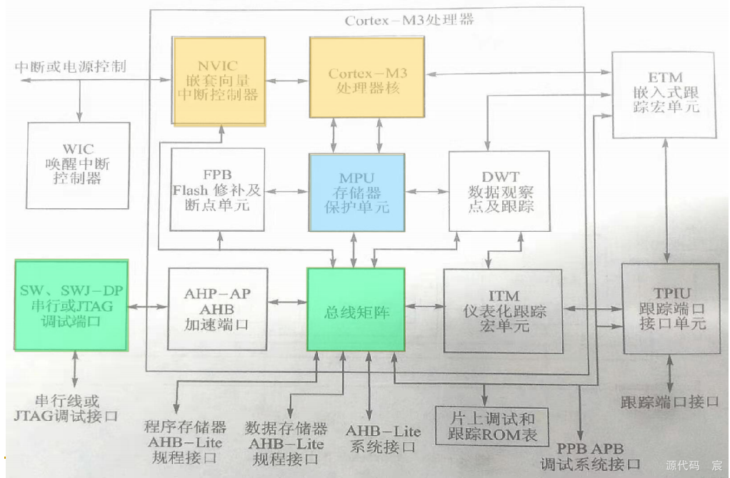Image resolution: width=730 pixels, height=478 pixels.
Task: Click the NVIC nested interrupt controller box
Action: (x=219, y=81)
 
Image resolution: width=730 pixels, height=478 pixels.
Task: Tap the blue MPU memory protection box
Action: (x=357, y=193)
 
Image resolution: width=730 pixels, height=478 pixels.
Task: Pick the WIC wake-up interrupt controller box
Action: (x=78, y=164)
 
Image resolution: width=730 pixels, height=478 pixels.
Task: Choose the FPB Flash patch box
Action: (x=217, y=190)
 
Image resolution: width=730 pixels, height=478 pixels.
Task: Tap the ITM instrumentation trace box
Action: (x=504, y=310)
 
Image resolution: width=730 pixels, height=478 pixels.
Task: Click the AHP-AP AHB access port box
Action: (x=217, y=309)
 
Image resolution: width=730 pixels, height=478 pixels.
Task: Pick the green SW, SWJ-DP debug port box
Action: (x=71, y=305)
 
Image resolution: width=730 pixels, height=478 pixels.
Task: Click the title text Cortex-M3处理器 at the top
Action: (x=409, y=20)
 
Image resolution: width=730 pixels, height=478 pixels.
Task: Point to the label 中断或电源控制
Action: (x=71, y=67)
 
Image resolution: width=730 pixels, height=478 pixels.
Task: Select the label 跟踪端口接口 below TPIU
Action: (x=669, y=402)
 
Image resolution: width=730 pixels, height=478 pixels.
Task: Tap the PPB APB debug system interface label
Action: (x=590, y=457)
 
